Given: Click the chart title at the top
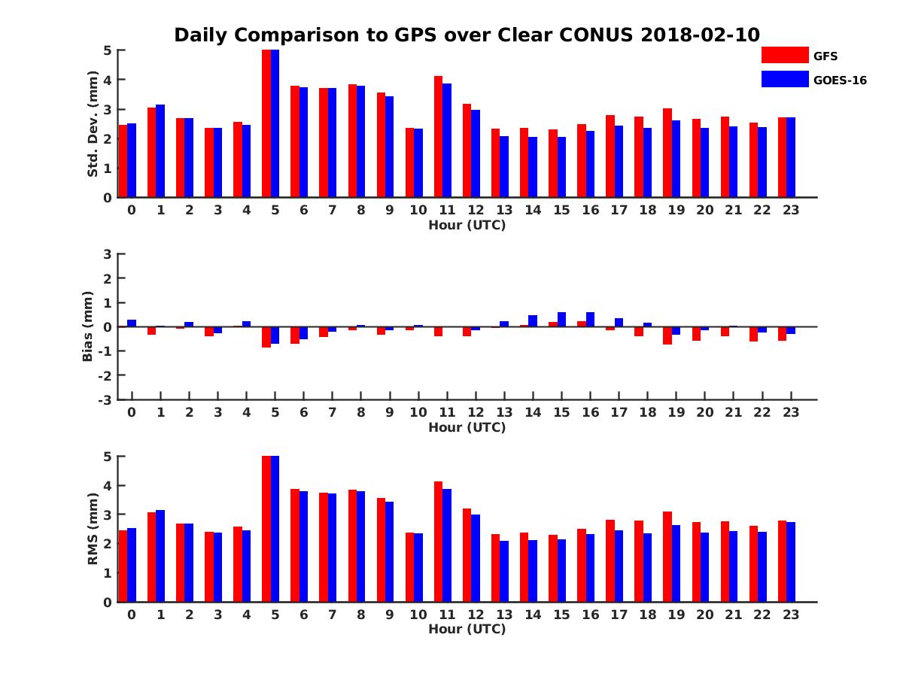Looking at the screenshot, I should tap(467, 35).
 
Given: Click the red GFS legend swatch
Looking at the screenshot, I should tap(784, 56).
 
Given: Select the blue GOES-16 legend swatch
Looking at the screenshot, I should tap(784, 79).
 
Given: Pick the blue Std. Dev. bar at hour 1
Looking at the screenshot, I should tap(160, 151).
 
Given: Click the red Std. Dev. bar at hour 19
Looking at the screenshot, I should tap(667, 153).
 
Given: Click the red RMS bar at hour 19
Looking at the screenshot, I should tap(667, 557).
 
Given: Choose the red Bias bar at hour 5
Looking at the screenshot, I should tap(266, 337).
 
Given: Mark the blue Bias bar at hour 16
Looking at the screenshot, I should tap(590, 319).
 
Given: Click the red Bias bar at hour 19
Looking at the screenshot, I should tap(667, 335).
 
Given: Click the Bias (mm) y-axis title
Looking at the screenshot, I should tap(88, 326).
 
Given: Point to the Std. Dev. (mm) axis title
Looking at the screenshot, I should tap(93, 124).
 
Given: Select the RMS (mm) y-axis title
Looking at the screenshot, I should tap(93, 529).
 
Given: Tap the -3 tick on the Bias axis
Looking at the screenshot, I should tap(107, 399).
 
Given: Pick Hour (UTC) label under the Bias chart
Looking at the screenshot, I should tap(467, 427).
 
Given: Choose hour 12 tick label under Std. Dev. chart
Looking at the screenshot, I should tap(476, 210).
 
